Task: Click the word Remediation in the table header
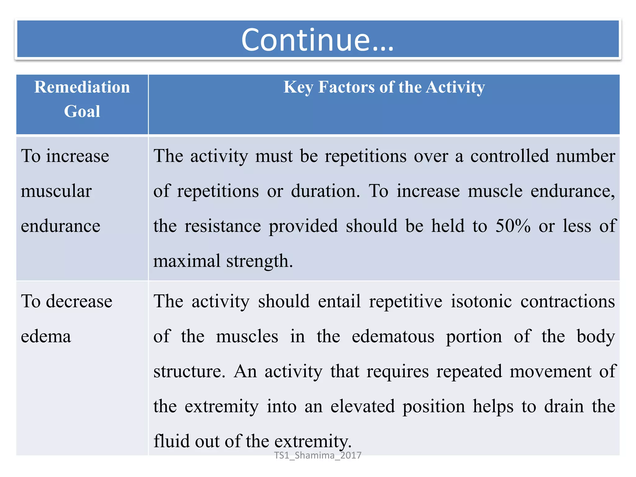(x=82, y=87)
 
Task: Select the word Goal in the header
(x=82, y=111)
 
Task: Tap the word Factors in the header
(x=347, y=87)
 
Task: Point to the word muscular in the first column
(x=56, y=191)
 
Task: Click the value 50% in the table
(x=513, y=226)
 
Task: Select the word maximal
(x=187, y=261)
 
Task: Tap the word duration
(x=325, y=191)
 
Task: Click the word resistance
(x=223, y=226)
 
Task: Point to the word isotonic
(x=481, y=301)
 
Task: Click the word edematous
(x=393, y=336)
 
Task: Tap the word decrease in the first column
(x=79, y=301)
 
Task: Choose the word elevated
(x=362, y=406)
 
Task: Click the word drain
(x=564, y=406)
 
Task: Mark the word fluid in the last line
(x=171, y=441)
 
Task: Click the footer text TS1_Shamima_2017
(x=318, y=455)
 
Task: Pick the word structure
(x=189, y=371)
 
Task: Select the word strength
(x=260, y=261)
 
